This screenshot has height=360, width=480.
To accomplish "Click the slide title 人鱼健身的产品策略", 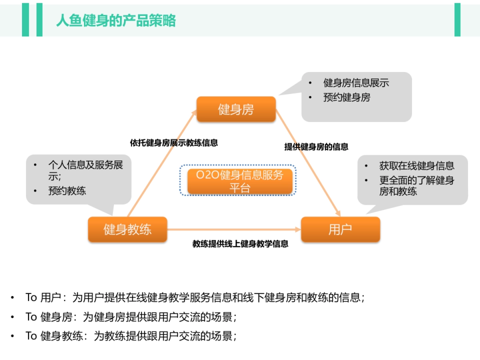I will click(x=116, y=20).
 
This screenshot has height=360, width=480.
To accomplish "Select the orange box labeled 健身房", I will click(x=236, y=109).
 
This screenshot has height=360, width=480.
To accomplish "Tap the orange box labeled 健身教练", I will click(x=128, y=230).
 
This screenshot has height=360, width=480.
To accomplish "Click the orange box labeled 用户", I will click(x=340, y=230).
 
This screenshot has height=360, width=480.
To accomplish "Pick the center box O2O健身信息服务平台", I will click(x=240, y=181).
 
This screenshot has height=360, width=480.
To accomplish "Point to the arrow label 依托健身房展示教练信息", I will click(x=174, y=143).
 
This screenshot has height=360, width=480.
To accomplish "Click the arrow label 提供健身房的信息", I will click(x=316, y=147).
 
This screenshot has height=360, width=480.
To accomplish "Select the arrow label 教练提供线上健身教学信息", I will click(x=240, y=244).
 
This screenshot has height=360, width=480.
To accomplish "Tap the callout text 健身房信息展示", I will click(x=356, y=83).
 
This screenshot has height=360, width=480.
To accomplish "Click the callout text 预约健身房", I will click(x=347, y=97).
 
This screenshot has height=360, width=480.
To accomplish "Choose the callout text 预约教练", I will click(x=67, y=191).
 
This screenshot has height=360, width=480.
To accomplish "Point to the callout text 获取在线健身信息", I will click(x=417, y=166).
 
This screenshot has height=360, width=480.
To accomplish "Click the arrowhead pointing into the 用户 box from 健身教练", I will click(x=298, y=230).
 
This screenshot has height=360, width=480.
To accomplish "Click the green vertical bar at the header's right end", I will click(x=457, y=20).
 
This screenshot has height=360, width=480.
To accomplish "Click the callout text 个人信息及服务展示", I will click(x=86, y=170).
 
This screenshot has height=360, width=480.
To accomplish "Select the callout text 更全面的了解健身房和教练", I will click(x=417, y=186).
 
